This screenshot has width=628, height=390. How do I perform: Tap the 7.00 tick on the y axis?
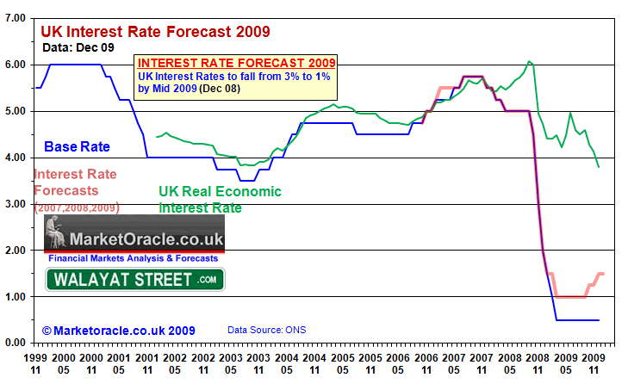coord(15,18)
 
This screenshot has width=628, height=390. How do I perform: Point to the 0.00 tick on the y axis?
coord(15,343)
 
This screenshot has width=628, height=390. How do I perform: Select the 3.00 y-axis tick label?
coord(15,204)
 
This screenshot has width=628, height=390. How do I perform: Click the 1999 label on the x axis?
coord(36,356)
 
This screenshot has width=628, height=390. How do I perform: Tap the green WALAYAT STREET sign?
coord(134,279)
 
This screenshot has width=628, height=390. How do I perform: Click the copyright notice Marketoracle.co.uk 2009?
coord(119,330)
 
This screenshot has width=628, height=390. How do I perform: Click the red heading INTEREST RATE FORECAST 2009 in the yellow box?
coord(236,64)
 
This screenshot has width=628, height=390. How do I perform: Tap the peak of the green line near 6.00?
coord(530,61)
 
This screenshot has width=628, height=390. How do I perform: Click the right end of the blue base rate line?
coord(598,320)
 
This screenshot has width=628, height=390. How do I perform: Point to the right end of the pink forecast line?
coord(603,274)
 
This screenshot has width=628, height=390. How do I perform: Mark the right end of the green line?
coord(599,167)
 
